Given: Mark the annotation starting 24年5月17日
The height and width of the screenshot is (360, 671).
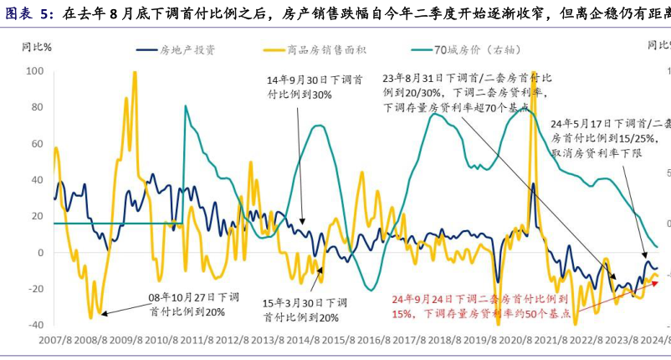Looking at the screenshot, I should (x=611, y=139).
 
